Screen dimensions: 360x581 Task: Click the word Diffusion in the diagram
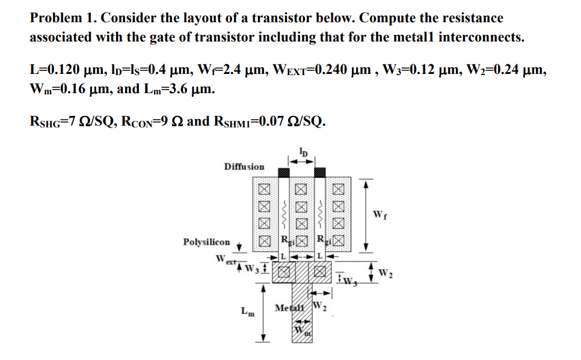[244, 166]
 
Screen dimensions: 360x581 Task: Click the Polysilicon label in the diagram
[206, 242]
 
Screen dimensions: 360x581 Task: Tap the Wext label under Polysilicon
[224, 260]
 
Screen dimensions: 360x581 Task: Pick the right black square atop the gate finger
[320, 172]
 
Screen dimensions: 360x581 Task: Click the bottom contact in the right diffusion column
[339, 243]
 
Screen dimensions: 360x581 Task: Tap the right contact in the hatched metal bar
[320, 273]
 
